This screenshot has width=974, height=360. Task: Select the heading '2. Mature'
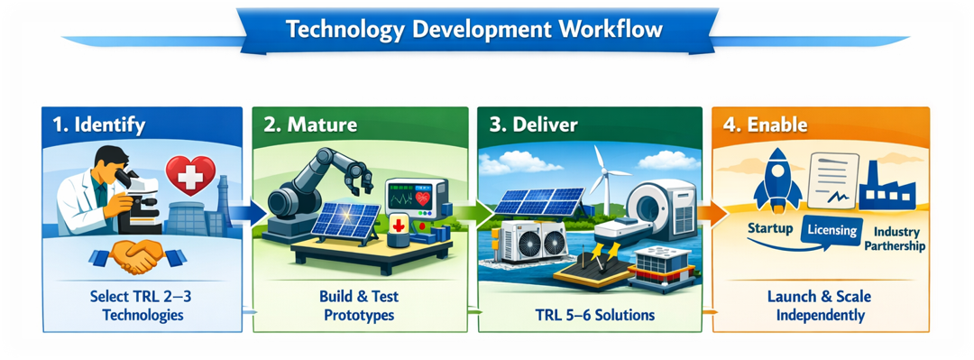tap(309, 125)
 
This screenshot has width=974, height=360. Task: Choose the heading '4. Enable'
tap(765, 125)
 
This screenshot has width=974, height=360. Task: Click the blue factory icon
tap(887, 186)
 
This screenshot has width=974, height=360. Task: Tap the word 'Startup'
tap(769, 228)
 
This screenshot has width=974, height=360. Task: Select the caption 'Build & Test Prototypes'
tap(353, 306)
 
